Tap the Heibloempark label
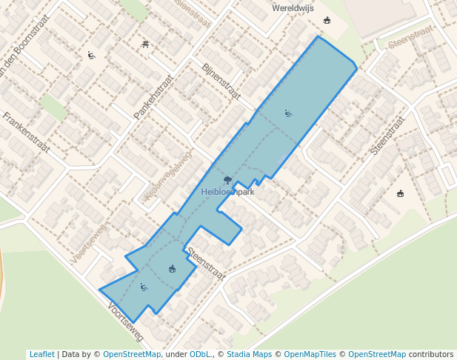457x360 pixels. point(227,192)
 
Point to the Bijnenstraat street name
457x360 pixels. point(221,81)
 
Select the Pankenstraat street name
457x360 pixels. point(153,96)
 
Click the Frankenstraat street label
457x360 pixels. point(26,132)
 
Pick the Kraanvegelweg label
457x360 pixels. point(168,176)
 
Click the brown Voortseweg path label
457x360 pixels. point(90,244)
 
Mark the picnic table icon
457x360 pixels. point(145,44)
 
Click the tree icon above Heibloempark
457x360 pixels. point(227,180)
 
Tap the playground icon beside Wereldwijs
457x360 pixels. point(327,20)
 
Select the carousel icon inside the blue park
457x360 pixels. point(172,268)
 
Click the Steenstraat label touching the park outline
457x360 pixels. point(205,263)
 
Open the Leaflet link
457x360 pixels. point(41,354)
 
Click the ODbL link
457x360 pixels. point(199,354)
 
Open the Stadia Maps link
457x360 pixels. point(249,354)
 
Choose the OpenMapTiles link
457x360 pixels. point(309,354)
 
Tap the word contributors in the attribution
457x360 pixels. point(431,354)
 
